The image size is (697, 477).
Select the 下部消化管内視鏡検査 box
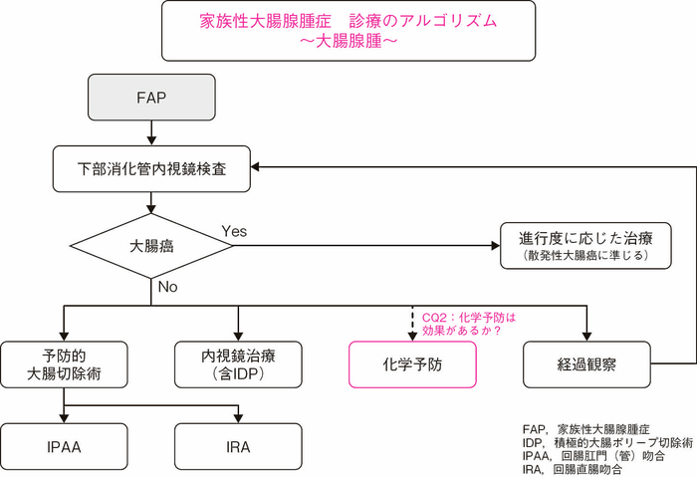click(150, 169)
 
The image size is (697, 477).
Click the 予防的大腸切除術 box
click(65, 364)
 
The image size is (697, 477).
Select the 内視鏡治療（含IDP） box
click(237, 364)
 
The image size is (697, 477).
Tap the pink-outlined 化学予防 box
click(412, 364)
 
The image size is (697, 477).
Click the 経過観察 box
click(587, 364)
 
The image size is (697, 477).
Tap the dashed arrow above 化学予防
click(412, 324)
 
